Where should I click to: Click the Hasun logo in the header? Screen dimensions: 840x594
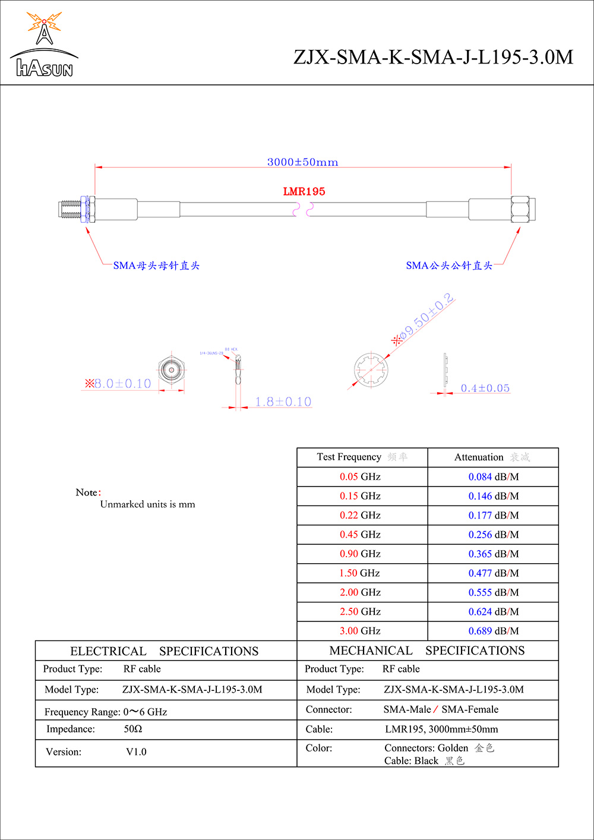click(44, 45)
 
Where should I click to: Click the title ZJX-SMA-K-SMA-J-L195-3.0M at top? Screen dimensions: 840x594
click(433, 57)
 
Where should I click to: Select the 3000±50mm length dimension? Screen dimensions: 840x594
click(302, 162)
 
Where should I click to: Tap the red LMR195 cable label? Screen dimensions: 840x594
click(304, 191)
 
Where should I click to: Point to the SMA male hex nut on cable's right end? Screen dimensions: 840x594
click(520, 210)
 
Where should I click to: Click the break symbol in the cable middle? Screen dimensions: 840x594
click(303, 209)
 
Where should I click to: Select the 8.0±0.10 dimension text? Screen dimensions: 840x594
click(122, 384)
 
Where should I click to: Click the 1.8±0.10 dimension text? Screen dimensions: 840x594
click(283, 402)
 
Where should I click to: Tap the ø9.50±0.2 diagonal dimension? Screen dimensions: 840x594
click(426, 318)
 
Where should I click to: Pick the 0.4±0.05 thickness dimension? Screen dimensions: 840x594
click(485, 388)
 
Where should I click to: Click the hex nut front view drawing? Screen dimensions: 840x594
click(172, 371)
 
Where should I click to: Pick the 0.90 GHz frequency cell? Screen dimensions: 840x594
click(360, 554)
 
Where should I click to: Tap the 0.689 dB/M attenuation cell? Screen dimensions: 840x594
click(493, 631)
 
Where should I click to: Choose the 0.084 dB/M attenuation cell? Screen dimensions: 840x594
click(493, 476)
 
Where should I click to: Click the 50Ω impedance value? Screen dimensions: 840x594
click(133, 729)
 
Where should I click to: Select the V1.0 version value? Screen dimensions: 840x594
click(136, 751)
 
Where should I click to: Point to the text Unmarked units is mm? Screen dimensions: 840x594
click(147, 504)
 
